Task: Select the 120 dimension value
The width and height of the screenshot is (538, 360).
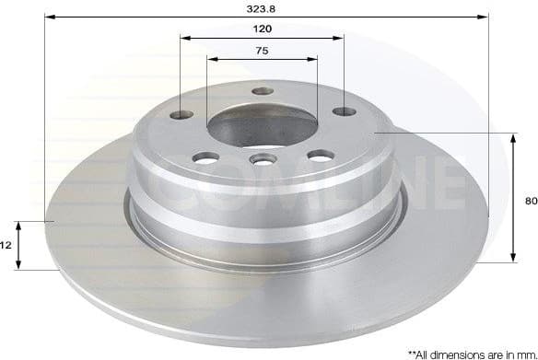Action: tap(263, 29)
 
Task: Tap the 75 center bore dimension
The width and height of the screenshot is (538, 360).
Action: tap(263, 51)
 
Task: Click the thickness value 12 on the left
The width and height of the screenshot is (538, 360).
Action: tap(6, 246)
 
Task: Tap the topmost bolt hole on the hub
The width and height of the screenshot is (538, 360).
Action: tap(263, 91)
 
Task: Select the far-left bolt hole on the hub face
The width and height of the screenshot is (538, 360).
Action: tap(181, 114)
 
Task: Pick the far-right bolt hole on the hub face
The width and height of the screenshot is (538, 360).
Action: tap(344, 111)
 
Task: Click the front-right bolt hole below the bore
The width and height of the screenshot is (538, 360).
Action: tap(319, 156)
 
